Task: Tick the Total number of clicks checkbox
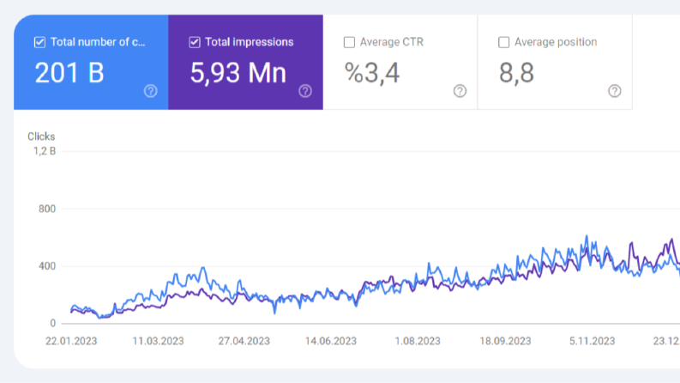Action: point(39,42)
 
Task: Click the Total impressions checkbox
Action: point(195,42)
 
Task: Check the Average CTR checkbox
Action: point(349,42)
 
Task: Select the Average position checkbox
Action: point(503,42)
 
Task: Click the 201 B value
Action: point(69,72)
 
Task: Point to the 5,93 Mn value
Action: point(238,73)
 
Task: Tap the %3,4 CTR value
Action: point(371,73)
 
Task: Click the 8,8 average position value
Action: point(516,73)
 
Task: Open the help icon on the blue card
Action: point(150,91)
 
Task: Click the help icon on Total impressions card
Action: point(305,91)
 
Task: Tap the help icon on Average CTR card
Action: point(460,91)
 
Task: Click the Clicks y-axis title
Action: point(41,137)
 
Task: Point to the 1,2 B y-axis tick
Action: point(45,151)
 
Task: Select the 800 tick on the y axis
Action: point(47,209)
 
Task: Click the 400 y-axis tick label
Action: point(47,266)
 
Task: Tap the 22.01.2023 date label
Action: point(71,341)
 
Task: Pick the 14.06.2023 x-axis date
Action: point(331,341)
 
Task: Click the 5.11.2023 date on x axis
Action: point(592,341)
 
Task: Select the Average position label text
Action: point(556,42)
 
